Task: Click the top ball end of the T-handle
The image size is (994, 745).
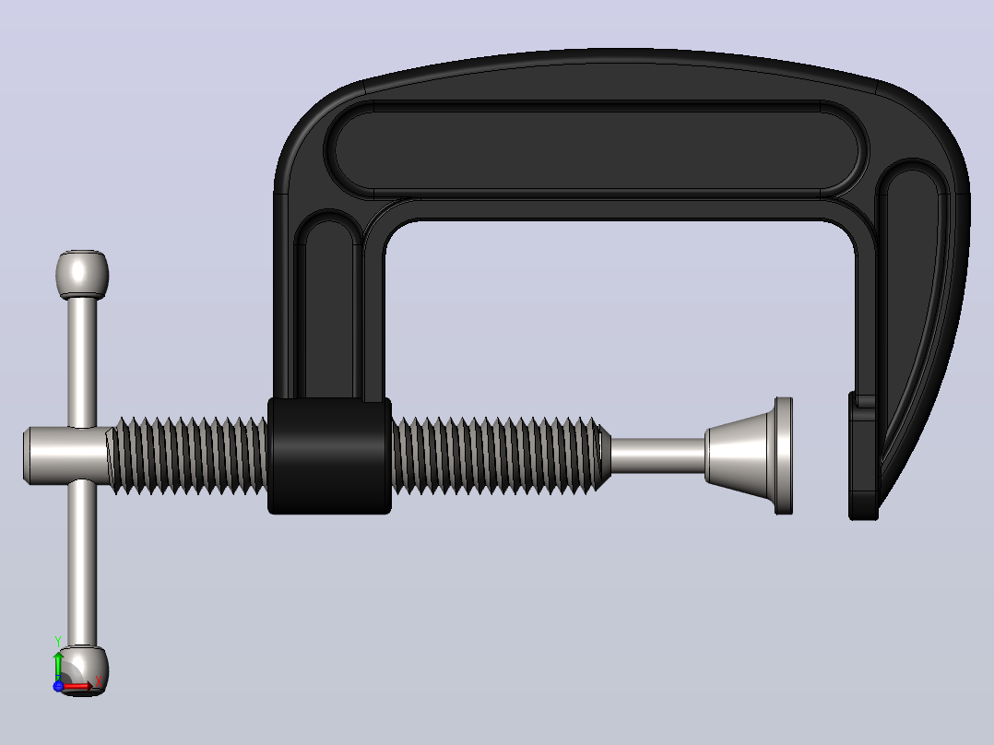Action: click(x=82, y=274)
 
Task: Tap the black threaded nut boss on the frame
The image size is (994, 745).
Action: click(x=329, y=455)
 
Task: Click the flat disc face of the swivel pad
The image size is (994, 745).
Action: click(x=784, y=455)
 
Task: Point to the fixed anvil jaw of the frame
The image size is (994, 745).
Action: click(x=863, y=456)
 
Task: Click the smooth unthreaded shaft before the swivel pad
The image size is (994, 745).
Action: click(x=657, y=455)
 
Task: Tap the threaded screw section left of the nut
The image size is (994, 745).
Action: click(x=188, y=455)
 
